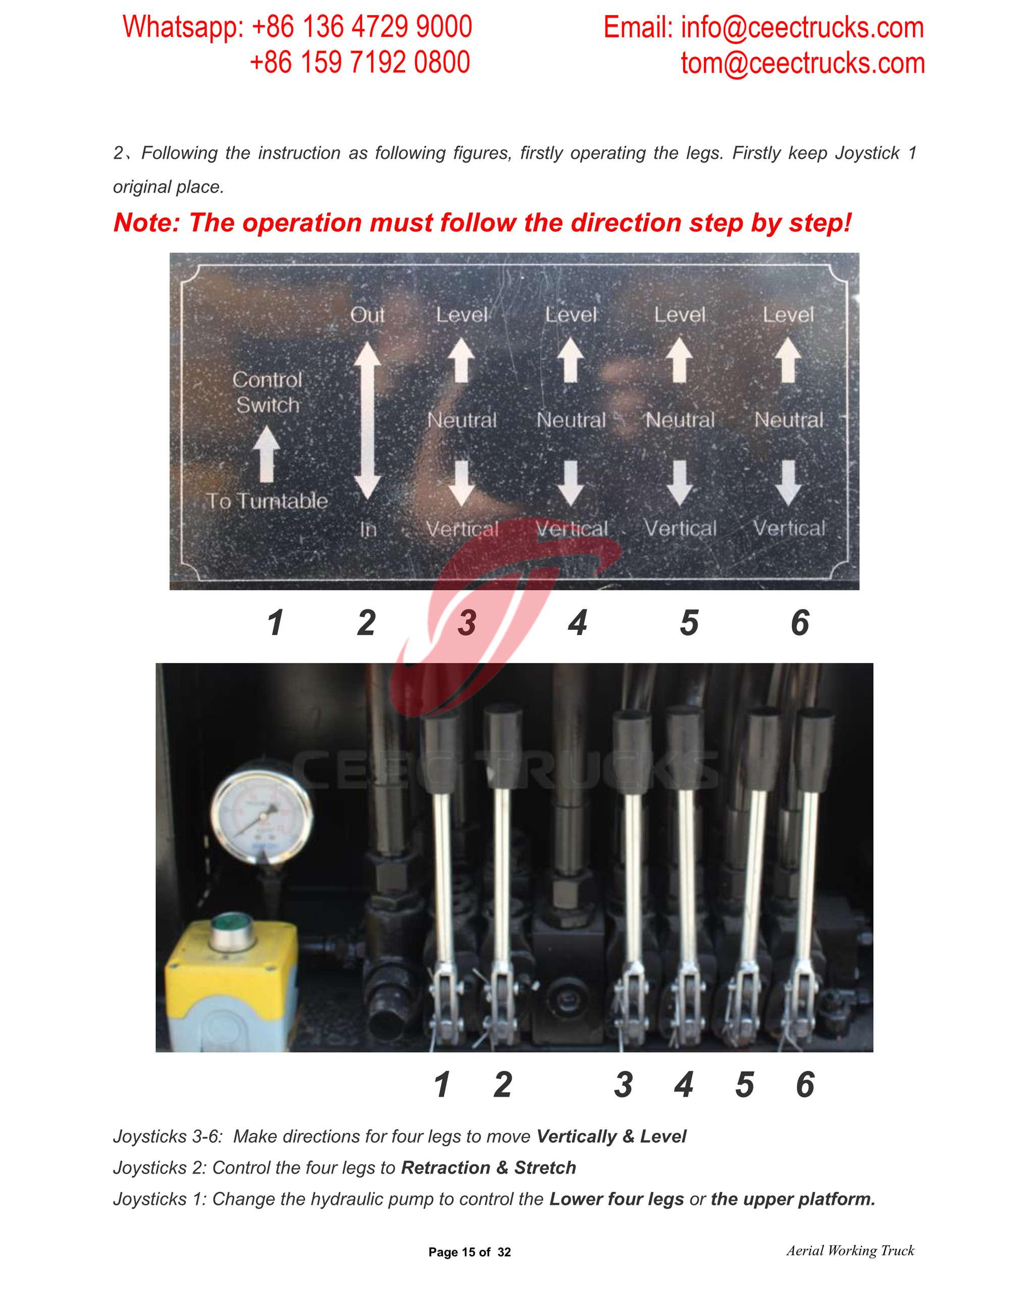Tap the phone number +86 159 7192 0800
(x=360, y=63)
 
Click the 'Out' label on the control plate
(x=367, y=315)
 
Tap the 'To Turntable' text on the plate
(x=268, y=501)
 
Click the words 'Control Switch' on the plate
(x=268, y=392)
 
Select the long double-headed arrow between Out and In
(x=367, y=421)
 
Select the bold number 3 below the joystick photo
(x=624, y=1084)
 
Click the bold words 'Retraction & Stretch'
(x=488, y=1168)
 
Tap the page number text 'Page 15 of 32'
(x=470, y=1252)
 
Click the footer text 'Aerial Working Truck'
(x=850, y=1251)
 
